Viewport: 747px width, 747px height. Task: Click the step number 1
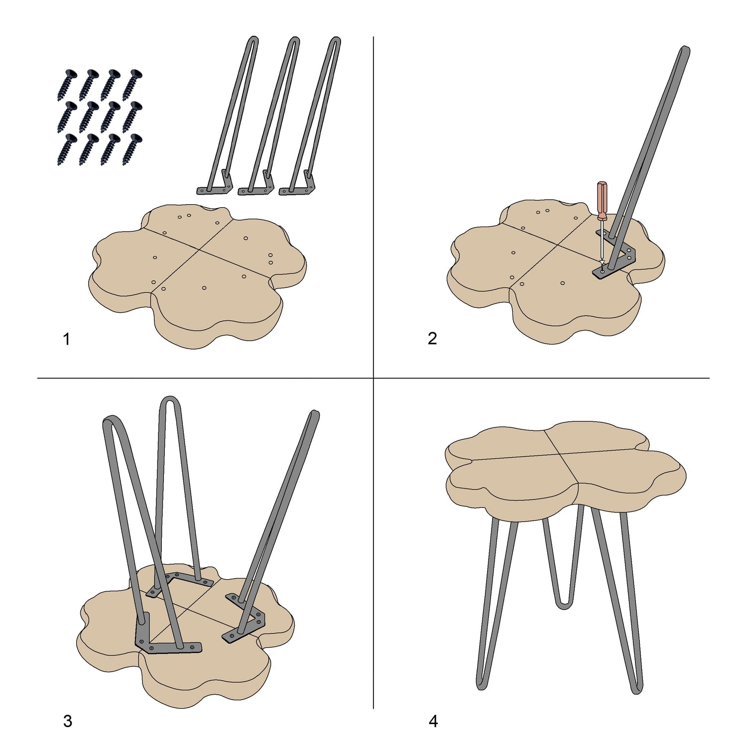click(x=66, y=339)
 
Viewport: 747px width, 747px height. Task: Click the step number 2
click(x=432, y=339)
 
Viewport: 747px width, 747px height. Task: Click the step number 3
click(x=68, y=721)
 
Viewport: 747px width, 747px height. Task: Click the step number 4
click(x=433, y=721)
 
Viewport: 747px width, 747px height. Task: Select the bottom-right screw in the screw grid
click(x=132, y=149)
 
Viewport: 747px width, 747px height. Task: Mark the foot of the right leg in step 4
click(x=637, y=690)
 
